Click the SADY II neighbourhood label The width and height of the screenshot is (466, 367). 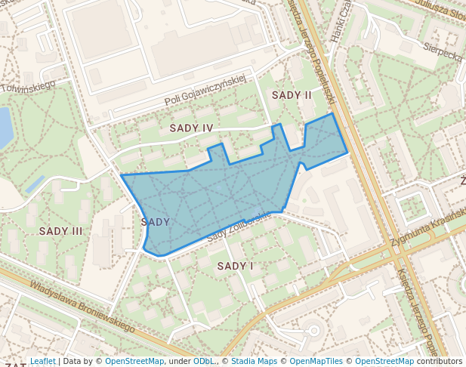[292, 95]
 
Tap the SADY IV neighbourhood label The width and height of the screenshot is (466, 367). [191, 128]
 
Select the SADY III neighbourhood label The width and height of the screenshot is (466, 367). [60, 231]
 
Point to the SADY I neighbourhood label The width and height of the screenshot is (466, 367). [236, 266]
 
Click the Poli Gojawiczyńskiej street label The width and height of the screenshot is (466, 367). [206, 90]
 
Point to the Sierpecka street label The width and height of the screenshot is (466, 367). [442, 55]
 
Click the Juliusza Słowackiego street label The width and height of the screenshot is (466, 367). [437, 11]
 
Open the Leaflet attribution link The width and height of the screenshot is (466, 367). [42, 362]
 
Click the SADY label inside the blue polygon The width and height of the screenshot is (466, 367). [155, 222]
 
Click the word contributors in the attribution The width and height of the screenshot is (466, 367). [439, 362]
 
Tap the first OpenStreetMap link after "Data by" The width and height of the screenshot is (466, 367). [134, 362]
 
